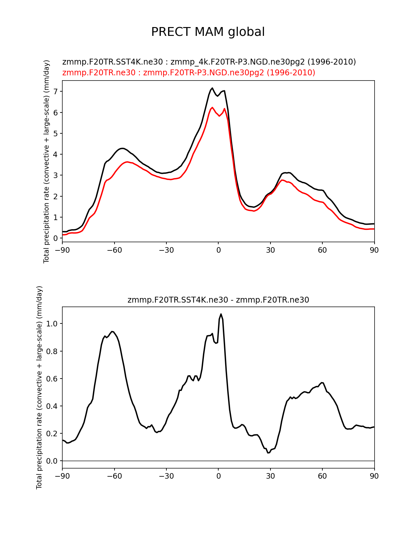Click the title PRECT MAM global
208,32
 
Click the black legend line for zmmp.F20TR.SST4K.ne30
209,62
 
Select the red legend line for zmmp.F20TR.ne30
189,73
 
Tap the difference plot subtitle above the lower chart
218,300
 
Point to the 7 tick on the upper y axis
56,92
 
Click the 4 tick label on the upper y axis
56,155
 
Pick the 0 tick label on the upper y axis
56,238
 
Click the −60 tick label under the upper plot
114,250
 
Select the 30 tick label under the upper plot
270,250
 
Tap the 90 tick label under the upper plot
374,250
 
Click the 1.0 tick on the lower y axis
52,324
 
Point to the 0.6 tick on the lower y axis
52,379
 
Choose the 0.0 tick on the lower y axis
52,461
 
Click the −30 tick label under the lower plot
166,476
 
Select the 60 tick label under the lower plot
322,476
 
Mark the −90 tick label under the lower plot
62,476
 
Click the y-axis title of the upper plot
46,161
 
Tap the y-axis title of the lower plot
39,387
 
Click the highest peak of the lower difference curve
221,314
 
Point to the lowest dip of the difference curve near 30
268,453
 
